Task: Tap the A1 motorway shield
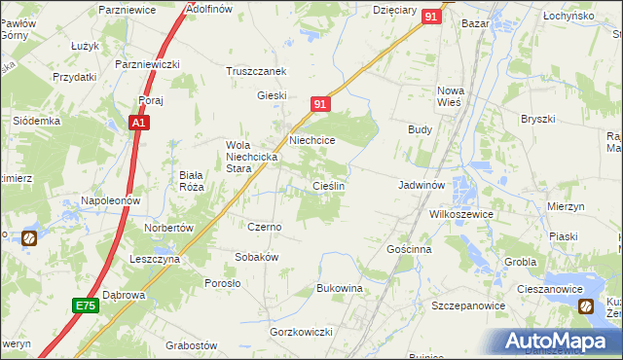140,124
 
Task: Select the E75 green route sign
85,306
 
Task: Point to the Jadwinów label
421,184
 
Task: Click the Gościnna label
408,249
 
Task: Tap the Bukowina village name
340,289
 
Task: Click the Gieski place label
271,95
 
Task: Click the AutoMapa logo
559,341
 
